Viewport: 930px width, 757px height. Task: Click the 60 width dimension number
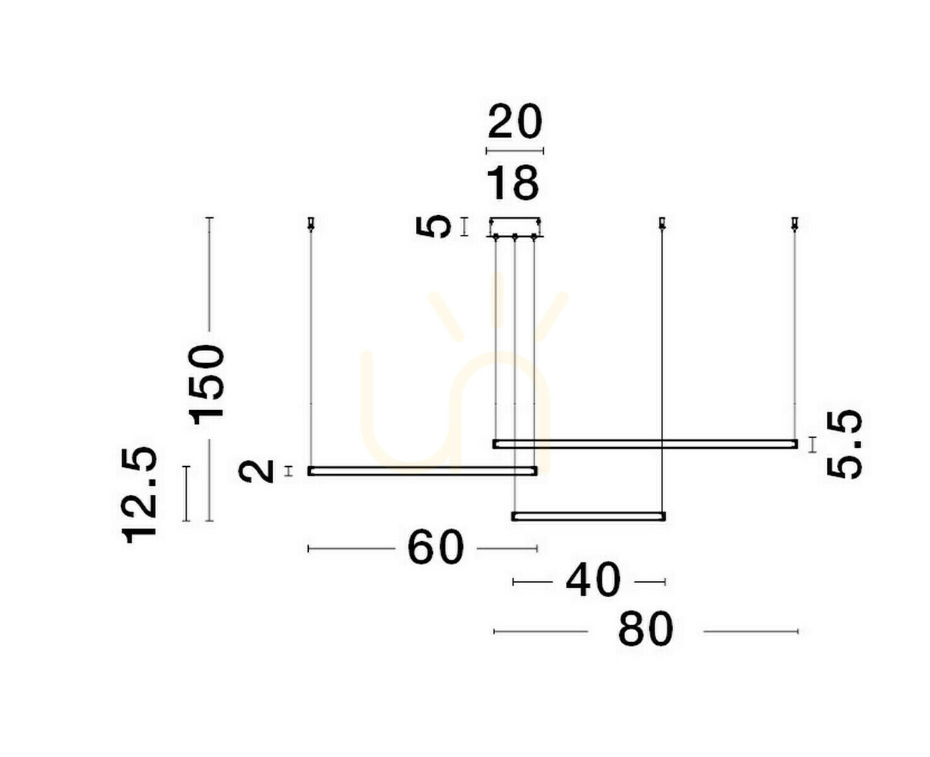(x=436, y=547)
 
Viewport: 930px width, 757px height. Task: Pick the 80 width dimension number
(x=646, y=630)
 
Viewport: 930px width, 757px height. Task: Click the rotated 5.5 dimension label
(x=845, y=445)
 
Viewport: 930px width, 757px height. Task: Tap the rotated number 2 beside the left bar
(x=256, y=471)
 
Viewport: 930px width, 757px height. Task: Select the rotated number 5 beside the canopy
(x=433, y=227)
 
